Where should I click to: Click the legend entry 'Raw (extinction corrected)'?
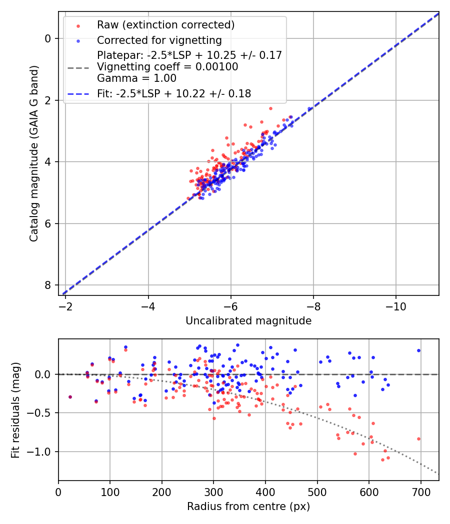tap(165, 25)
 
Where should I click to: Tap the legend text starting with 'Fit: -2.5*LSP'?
tap(174, 93)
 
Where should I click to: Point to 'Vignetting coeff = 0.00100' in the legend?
tap(167, 66)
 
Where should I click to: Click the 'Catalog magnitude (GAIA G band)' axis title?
tap(33, 154)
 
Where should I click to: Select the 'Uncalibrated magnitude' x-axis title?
tap(248, 321)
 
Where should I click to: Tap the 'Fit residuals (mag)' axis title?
tap(15, 410)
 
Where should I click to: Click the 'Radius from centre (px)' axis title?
tap(248, 507)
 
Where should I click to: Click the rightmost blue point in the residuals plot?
tap(418, 350)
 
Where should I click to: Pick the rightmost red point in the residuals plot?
tap(418, 439)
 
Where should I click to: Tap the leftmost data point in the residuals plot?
tap(70, 397)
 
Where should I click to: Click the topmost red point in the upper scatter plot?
tap(270, 108)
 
